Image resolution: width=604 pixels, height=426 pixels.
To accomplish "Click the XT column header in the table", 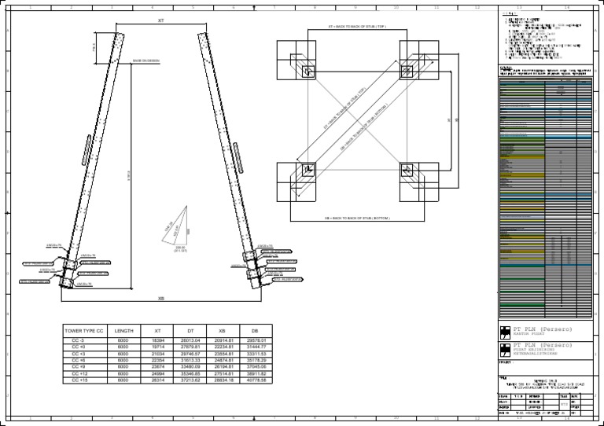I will tap(157, 331).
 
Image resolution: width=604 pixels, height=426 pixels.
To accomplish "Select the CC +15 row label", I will tap(80, 380).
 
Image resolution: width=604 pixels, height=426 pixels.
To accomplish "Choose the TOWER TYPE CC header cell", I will tap(83, 331).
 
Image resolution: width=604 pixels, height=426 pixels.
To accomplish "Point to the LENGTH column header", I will tap(123, 331).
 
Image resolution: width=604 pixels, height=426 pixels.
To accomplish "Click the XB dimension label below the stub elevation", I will tap(160, 299).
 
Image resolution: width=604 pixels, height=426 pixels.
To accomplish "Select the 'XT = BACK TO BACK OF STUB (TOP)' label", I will tap(359, 27).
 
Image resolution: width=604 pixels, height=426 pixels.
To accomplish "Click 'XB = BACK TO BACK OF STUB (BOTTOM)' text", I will tap(358, 216).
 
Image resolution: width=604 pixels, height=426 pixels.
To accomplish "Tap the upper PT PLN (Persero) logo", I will tap(505, 329).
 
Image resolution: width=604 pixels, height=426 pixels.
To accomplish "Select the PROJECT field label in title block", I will tap(505, 363).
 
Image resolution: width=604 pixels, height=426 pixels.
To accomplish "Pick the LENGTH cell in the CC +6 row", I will tap(123, 361).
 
